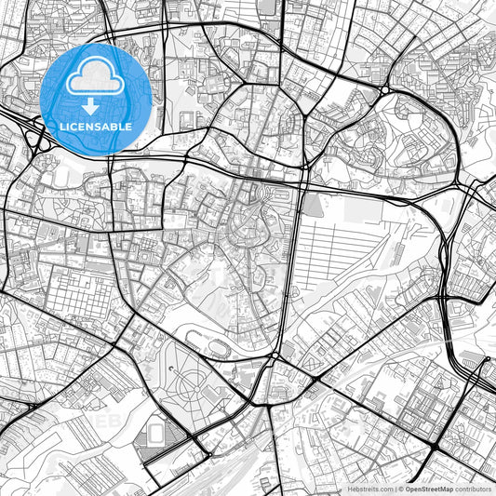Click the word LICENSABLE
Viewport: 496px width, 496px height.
click(x=97, y=126)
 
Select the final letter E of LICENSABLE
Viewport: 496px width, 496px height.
click(x=128, y=126)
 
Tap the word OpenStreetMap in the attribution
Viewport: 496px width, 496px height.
click(x=429, y=488)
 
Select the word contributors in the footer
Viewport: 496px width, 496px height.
click(x=473, y=488)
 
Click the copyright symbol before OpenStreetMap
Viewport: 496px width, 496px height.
click(x=401, y=488)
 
